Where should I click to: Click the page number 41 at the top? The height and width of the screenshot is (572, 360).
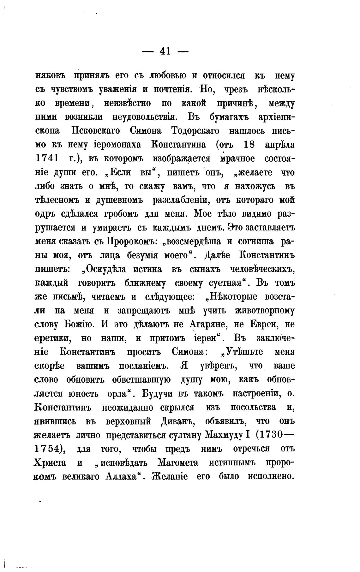point(165,51)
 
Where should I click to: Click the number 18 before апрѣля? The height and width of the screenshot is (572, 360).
point(250,145)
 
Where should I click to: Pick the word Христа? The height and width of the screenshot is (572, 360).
point(50,463)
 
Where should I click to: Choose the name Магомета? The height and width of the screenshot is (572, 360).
point(177,463)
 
